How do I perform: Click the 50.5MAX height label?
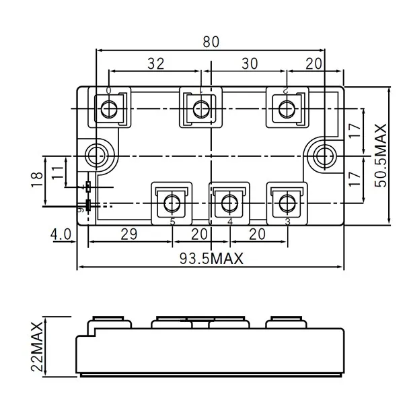(x=381, y=156)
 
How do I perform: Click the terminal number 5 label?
(x=172, y=222)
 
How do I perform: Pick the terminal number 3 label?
(x=287, y=222)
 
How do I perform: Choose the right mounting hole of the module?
(x=326, y=154)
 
